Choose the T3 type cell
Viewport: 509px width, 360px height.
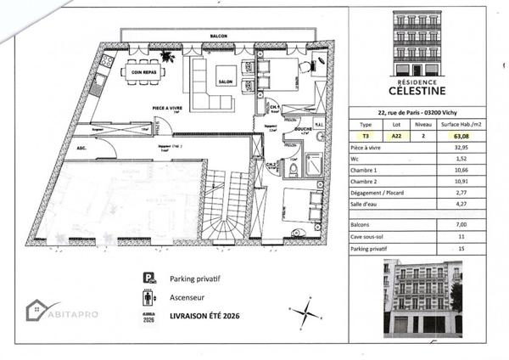(x=366, y=134)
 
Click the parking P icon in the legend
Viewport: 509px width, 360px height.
(x=148, y=278)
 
